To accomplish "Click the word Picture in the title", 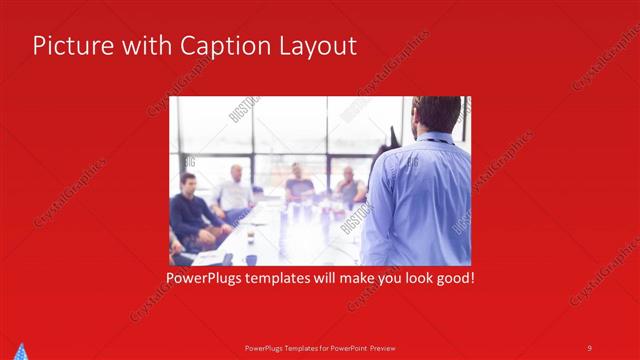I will (67, 46).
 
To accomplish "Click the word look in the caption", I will (410, 277).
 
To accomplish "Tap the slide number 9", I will (589, 347).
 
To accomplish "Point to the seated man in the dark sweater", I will (187, 210).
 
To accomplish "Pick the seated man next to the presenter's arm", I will (349, 187).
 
